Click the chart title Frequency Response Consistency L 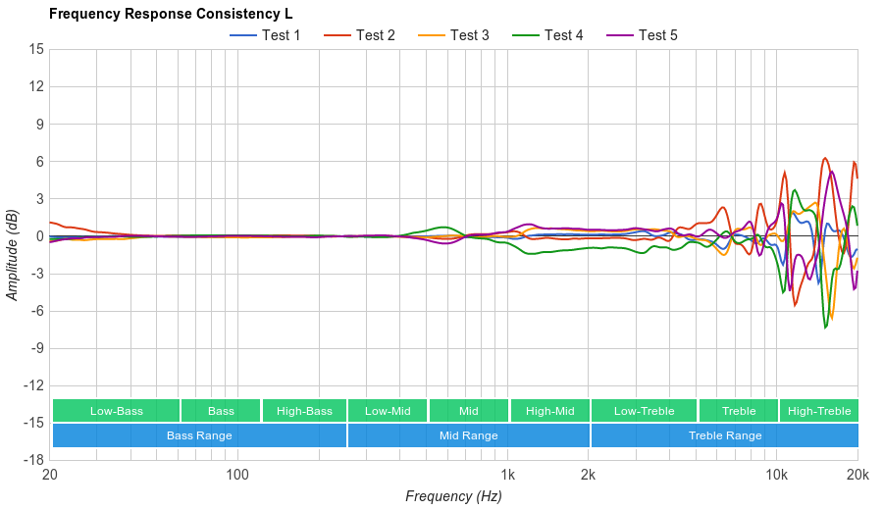pyautogui.click(x=170, y=14)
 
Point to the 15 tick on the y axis pyautogui.click(x=36, y=49)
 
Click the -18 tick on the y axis pyautogui.click(x=34, y=460)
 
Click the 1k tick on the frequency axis pyautogui.click(x=508, y=475)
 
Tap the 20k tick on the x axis pyautogui.click(x=857, y=475)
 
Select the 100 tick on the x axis pyautogui.click(x=237, y=475)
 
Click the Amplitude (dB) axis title pyautogui.click(x=13, y=254)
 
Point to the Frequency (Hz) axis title pyautogui.click(x=453, y=496)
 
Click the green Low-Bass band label pyautogui.click(x=117, y=411)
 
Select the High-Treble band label pyautogui.click(x=819, y=411)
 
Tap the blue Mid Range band pyautogui.click(x=468, y=435)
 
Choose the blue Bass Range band pyautogui.click(x=199, y=435)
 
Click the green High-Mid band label pyautogui.click(x=549, y=411)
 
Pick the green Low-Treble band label pyautogui.click(x=644, y=411)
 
